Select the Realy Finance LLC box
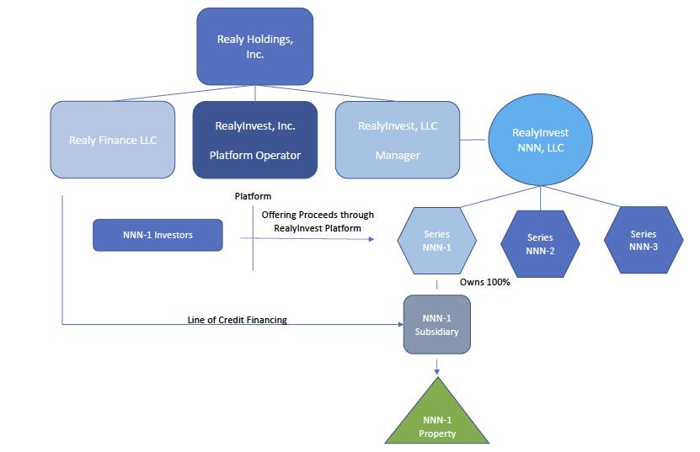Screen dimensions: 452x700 113,140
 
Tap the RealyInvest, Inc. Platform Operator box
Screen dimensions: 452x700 254,140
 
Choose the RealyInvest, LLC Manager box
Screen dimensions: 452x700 398,140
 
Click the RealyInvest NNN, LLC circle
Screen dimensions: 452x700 540,140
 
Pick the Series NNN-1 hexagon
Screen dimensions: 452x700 436,241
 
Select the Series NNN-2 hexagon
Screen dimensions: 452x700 540,244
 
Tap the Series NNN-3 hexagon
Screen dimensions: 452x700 644,240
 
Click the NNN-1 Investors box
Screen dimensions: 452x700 158,235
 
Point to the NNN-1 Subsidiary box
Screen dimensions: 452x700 436,325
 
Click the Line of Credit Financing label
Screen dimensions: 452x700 237,320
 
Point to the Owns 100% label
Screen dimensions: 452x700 485,282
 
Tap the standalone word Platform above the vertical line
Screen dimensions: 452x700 253,196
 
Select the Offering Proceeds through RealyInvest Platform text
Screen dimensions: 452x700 318,221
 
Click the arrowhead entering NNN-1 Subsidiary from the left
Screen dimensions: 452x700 399,323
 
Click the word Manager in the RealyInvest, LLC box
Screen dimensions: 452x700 398,156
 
